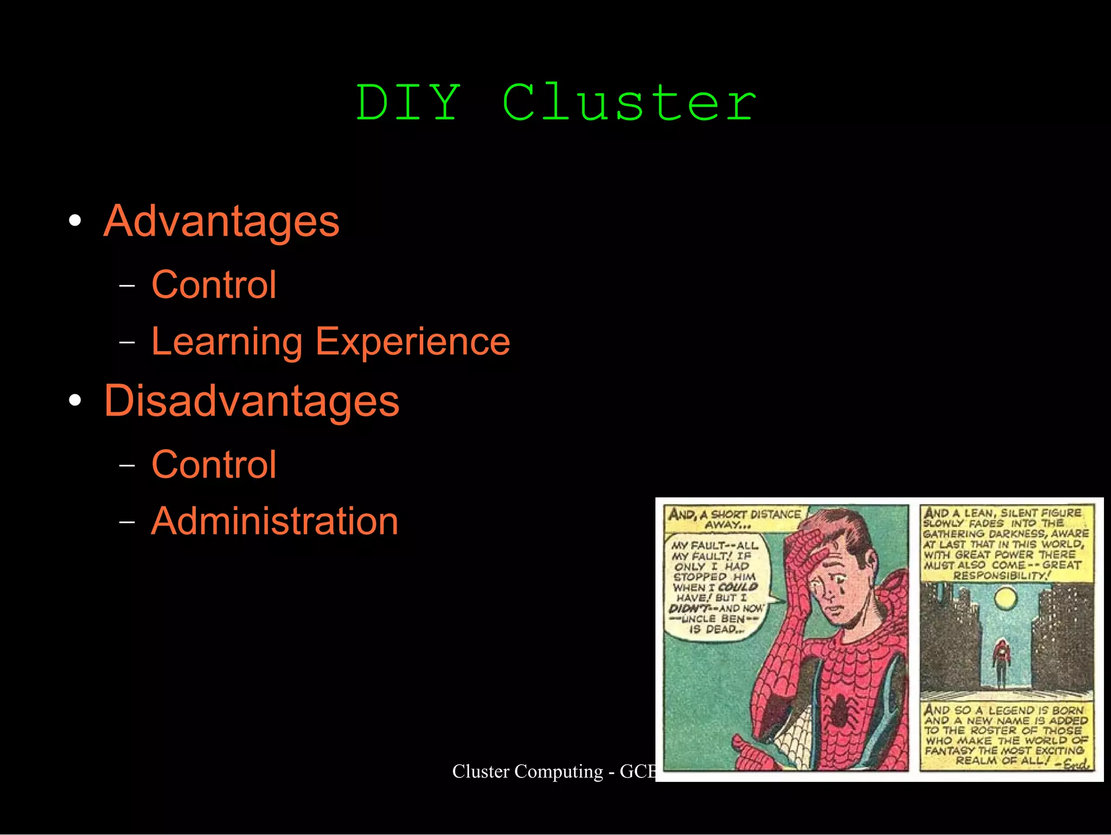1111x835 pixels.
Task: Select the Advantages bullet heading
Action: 221,221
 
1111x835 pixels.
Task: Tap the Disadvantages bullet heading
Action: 252,401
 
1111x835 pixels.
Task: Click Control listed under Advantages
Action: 214,285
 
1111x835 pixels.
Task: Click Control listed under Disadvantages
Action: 214,464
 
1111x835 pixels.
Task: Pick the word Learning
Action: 227,342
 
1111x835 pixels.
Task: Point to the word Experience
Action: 412,342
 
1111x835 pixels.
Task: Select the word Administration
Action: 274,521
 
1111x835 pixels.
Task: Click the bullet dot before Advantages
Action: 75,221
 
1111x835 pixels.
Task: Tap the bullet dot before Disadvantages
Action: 75,400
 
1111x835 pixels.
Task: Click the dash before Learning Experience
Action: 127,342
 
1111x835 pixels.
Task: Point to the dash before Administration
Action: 127,522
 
